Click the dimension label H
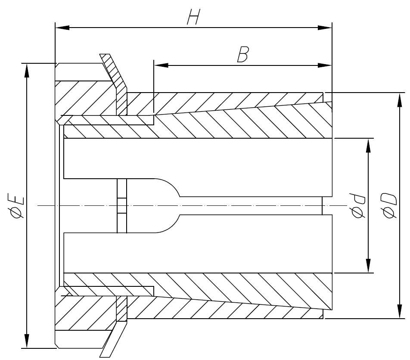193,17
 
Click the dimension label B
242,54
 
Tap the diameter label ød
358,206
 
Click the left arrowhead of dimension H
62,28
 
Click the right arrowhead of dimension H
325,28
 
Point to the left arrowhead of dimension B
161,65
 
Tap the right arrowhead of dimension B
325,65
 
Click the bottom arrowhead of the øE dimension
27,341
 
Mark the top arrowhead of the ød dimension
368,146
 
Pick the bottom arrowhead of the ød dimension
368,266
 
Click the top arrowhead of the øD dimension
400,99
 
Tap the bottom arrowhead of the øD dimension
400,311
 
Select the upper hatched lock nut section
86,98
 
